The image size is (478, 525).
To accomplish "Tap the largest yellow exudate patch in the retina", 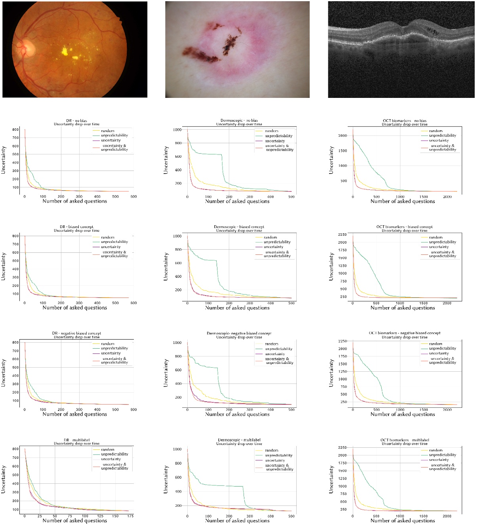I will pos(65,51).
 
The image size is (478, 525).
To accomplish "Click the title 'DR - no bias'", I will pos(76,120).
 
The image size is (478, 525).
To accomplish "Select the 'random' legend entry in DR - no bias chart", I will pos(108,131).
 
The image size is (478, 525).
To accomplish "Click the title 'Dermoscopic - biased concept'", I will pos(239,227).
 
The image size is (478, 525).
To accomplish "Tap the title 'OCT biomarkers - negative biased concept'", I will pos(404,333).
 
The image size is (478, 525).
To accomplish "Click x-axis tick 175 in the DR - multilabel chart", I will pos(130,516).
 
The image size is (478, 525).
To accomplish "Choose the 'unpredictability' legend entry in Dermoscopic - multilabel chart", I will pos(279,455).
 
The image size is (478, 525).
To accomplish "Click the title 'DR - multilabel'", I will pos(76,440).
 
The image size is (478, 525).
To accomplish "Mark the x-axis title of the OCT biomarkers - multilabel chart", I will pos(402,521).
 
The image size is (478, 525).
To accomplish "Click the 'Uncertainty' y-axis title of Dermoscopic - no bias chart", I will pos(166,160).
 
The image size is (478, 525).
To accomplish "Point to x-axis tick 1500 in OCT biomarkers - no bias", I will pos(424,197).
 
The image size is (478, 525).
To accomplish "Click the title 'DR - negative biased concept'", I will pos(76,333).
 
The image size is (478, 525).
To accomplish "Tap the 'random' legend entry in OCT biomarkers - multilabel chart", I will pos(436,451).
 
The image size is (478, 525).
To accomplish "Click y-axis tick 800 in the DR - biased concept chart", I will pos(15,236).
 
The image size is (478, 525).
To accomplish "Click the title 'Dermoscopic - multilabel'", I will pos(239,440).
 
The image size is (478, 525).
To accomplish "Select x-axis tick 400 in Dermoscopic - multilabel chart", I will pos(270,516).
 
